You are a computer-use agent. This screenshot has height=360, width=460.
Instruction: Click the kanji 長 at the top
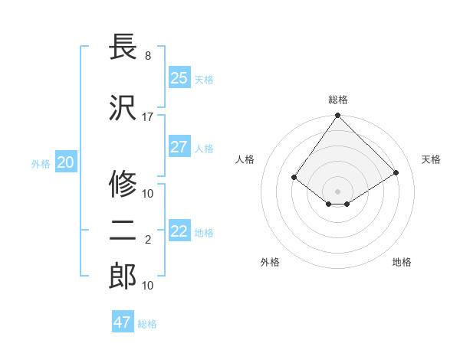(x=123, y=47)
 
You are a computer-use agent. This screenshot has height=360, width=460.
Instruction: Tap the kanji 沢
(x=123, y=108)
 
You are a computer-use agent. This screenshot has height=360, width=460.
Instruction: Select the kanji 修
(x=123, y=184)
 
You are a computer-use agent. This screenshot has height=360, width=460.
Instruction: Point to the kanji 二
(x=123, y=231)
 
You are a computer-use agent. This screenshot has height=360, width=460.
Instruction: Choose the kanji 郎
(x=123, y=277)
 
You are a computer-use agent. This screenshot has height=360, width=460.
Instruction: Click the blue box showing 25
(x=179, y=78)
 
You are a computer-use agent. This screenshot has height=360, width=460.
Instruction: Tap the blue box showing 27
(x=179, y=147)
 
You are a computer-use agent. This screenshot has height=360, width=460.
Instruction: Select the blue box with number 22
(x=179, y=231)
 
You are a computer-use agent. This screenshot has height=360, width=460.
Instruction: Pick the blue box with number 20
(x=66, y=162)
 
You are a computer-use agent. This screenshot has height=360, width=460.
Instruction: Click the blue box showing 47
(x=123, y=322)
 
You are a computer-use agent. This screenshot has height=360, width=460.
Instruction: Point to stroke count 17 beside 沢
(x=148, y=117)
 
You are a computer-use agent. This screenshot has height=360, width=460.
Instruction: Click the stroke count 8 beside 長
(x=148, y=56)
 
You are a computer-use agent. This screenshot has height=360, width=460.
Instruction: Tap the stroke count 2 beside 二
(x=148, y=240)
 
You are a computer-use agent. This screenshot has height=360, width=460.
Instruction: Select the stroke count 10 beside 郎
(x=148, y=286)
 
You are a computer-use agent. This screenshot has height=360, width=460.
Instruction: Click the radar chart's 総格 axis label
(x=338, y=100)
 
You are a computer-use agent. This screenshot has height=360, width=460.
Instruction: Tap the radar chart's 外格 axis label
(x=270, y=262)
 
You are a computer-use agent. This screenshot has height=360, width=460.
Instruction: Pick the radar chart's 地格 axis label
(x=402, y=262)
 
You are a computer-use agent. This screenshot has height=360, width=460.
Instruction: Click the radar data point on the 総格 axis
(x=337, y=116)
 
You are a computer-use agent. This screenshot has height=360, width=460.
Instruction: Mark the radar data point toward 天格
(x=396, y=173)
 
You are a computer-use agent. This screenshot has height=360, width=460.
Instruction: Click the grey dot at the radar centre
(x=337, y=191)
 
